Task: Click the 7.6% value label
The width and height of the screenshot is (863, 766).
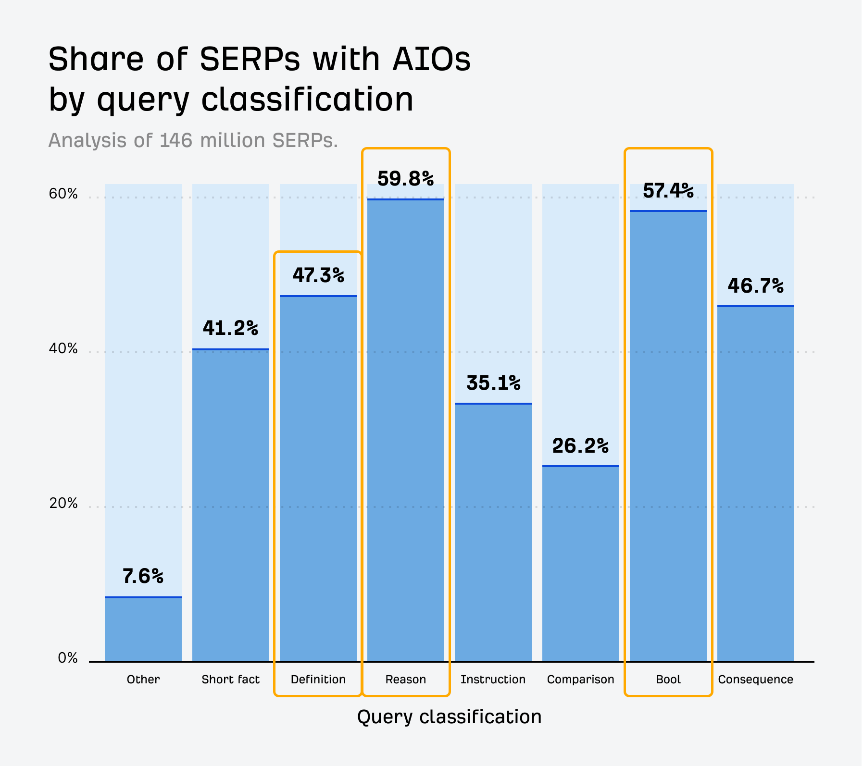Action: click(143, 576)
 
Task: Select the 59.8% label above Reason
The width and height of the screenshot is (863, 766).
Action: click(405, 179)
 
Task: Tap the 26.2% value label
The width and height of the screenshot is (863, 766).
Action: click(580, 446)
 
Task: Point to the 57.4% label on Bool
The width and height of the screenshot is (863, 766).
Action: click(668, 191)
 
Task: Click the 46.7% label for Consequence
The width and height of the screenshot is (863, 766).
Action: click(755, 286)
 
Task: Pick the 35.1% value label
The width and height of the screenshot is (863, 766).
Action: click(493, 383)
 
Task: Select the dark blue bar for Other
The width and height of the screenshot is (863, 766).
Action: click(143, 630)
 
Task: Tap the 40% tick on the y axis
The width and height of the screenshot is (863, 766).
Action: click(63, 348)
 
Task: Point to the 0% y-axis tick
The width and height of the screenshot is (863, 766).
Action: click(67, 658)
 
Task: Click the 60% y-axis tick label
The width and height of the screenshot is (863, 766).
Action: click(63, 194)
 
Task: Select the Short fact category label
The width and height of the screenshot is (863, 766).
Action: click(230, 680)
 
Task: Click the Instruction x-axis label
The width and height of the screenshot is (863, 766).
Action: click(493, 680)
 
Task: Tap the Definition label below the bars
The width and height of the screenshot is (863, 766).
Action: click(318, 680)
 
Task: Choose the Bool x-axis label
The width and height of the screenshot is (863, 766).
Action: click(668, 680)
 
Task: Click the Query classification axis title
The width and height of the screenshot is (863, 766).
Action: click(449, 717)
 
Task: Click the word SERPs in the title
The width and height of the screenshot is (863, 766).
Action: click(250, 60)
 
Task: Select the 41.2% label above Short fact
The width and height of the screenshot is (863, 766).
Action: click(230, 328)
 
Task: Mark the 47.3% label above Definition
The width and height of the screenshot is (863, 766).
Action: click(318, 275)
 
